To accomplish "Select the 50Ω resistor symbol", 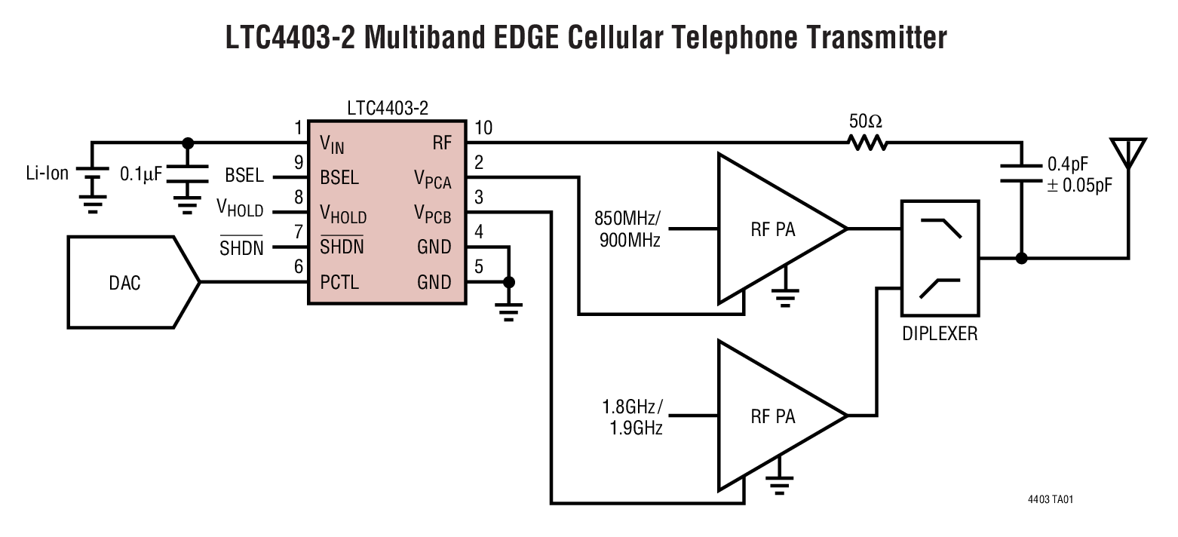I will point(866,142).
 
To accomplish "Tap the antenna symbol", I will point(1128,154).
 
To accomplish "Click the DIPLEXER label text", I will point(940,333).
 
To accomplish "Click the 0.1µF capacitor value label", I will point(141,174).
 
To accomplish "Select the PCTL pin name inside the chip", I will point(339,283).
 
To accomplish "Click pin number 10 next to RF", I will point(483,127).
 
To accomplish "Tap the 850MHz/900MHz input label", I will point(627,230).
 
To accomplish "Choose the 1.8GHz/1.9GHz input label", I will point(632,418).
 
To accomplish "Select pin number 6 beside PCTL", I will point(299,266).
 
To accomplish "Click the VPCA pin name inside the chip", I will point(432,178).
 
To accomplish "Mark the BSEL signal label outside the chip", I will point(244,176).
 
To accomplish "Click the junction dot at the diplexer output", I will point(1021,258).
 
